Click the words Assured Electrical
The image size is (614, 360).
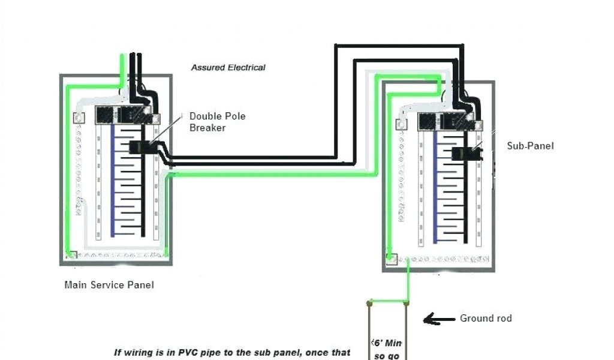tap(228, 68)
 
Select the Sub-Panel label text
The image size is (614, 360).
tap(530, 146)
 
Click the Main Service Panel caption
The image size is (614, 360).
tap(109, 285)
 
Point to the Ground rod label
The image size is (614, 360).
tap(486, 318)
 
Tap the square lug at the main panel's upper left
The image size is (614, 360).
tap(78, 118)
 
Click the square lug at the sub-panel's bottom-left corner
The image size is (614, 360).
tap(391, 259)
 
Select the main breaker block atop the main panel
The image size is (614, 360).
tap(122, 115)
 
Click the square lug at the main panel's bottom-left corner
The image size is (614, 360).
tap(71, 255)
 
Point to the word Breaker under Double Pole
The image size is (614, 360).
tap(207, 128)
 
